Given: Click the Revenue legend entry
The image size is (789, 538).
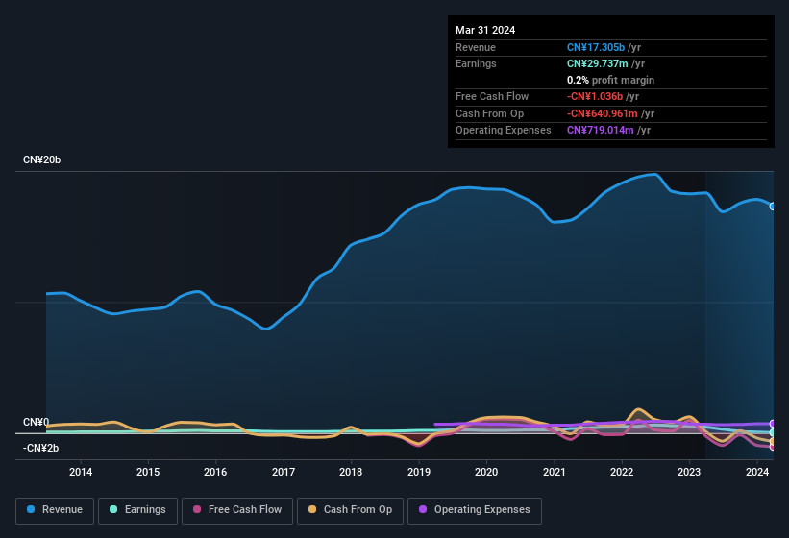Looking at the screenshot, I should pos(56,509).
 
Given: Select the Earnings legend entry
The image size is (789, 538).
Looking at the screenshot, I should pos(137,509).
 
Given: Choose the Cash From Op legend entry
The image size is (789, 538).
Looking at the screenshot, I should pos(350,509).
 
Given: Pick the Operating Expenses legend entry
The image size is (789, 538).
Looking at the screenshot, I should pos(474,509).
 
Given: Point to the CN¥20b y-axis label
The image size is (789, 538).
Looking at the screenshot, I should pos(42,159).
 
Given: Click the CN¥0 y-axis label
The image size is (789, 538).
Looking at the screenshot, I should pos(36,423).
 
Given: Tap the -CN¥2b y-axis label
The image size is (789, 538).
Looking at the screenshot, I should pos(41,448).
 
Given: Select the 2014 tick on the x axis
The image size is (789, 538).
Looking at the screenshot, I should pos(81,472).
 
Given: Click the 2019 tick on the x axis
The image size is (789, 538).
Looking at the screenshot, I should pos(419,472).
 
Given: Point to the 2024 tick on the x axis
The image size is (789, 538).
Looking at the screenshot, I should pos(757,472).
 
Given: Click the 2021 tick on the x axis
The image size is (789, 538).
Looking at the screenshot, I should pos(555,472).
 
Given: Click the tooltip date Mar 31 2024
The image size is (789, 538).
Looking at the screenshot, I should pos(485,30).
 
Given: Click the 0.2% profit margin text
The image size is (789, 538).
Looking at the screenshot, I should pos(610,80).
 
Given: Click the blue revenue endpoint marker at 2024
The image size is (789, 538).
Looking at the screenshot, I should pos(772,206).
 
